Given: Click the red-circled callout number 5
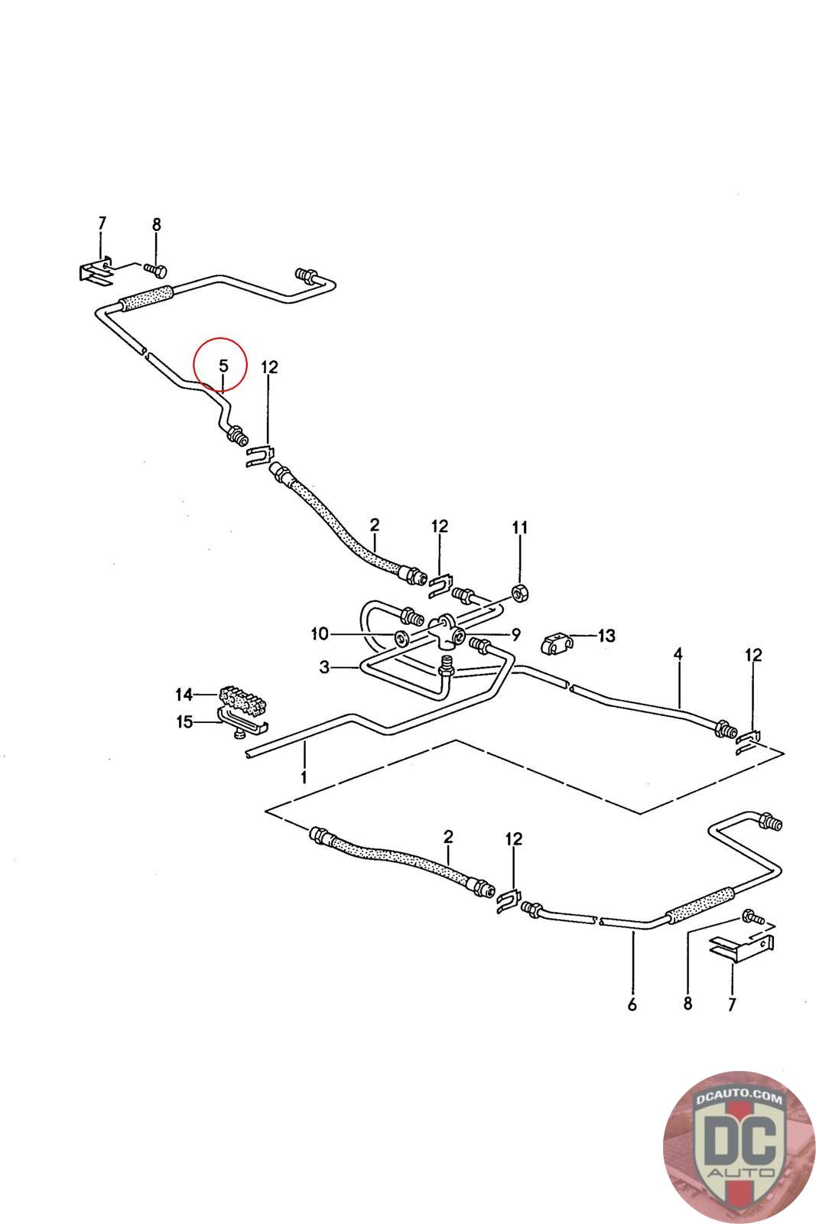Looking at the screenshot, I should (223, 366).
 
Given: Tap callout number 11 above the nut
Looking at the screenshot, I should (520, 527).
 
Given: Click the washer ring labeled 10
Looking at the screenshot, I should (400, 637).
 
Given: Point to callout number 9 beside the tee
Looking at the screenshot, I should (515, 633).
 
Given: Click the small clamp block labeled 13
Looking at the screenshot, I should (555, 643).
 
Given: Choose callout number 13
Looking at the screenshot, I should (606, 635).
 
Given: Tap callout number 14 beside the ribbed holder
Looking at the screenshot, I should (184, 694).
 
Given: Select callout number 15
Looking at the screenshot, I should (184, 721).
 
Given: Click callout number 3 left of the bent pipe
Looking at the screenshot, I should (324, 668).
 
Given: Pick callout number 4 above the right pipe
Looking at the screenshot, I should (678, 654).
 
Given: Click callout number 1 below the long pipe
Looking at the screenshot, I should (304, 778).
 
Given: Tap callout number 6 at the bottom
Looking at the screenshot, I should (632, 1004).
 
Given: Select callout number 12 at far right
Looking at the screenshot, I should (753, 655).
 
